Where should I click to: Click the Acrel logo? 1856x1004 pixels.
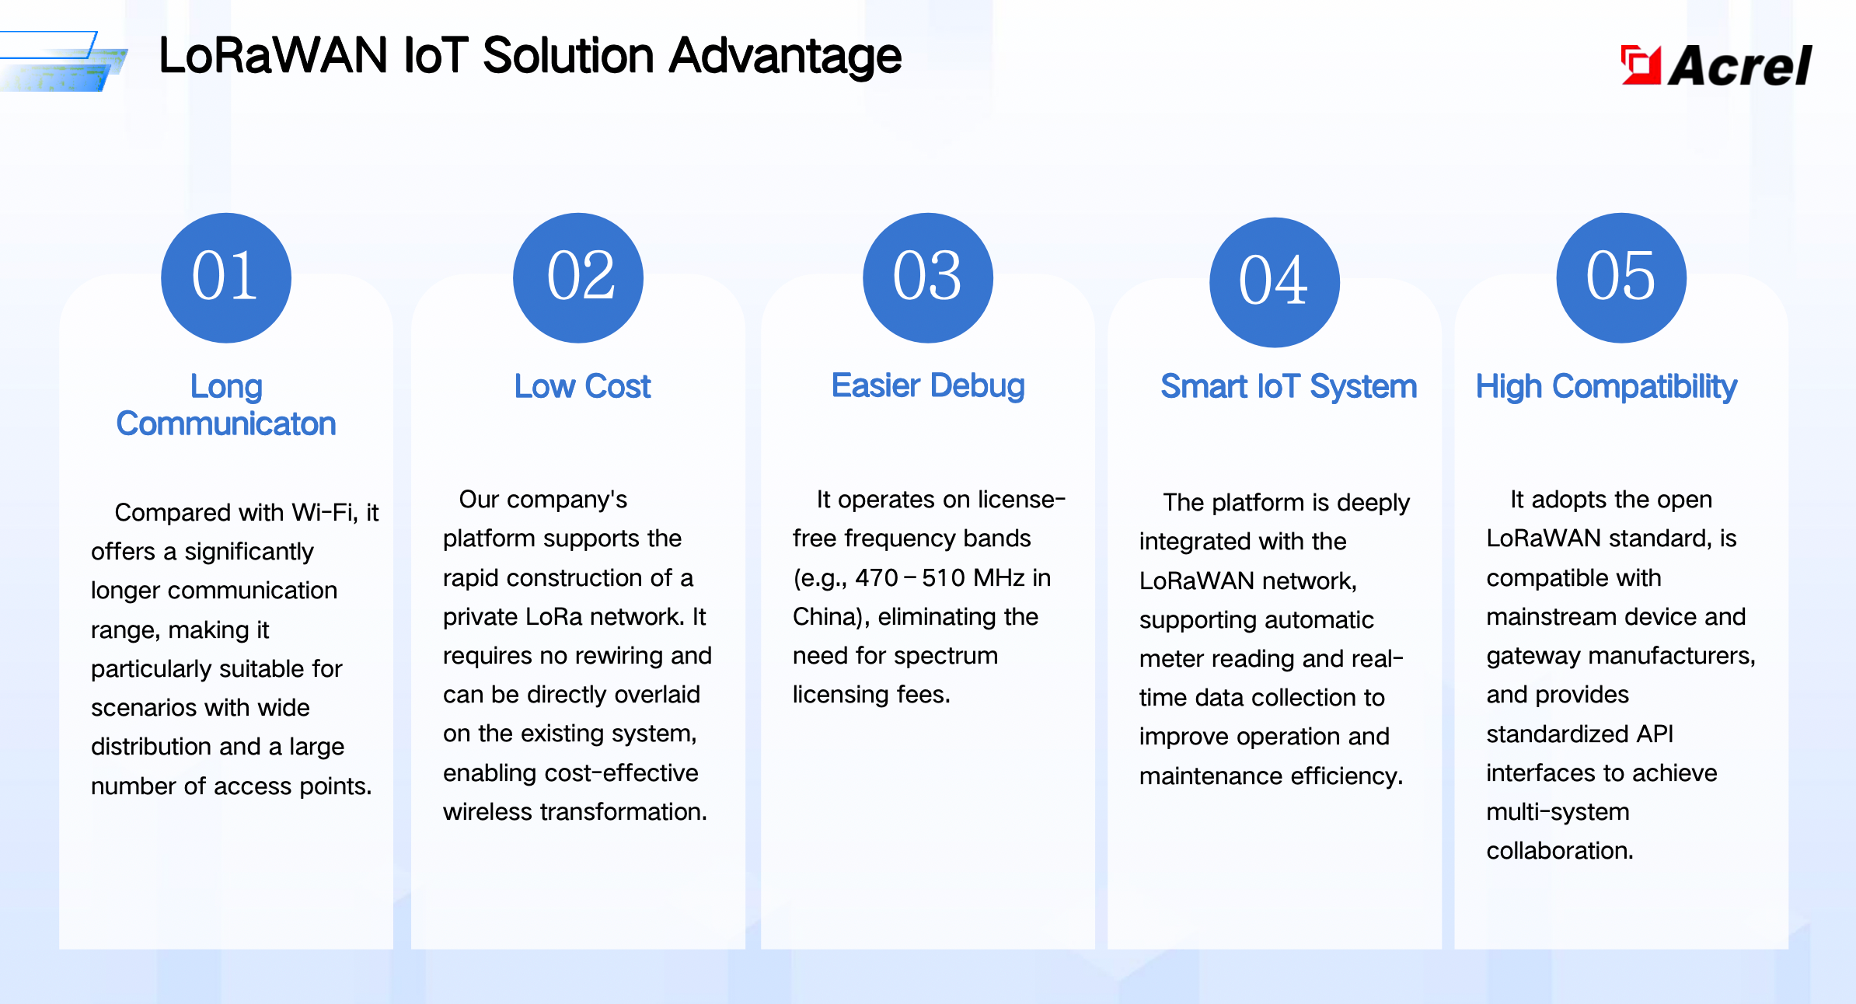(1716, 64)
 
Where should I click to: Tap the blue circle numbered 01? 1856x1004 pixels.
(226, 277)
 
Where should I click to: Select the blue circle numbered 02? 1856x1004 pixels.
(578, 277)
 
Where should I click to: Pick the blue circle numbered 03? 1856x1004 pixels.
(928, 277)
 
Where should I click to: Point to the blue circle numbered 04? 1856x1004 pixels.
(1275, 282)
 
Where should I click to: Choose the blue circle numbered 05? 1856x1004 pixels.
(1621, 277)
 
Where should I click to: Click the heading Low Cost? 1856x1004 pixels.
(582, 386)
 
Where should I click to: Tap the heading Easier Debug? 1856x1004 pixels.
(928, 386)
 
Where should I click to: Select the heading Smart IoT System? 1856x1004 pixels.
(1289, 386)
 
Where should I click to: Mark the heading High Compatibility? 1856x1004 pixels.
(1606, 386)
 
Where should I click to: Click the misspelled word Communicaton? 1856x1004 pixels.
(226, 424)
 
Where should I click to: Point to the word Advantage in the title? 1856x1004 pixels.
(785, 57)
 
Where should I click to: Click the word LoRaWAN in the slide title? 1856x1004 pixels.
(273, 56)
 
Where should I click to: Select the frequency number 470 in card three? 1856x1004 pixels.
(877, 577)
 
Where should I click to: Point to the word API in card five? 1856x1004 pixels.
(1655, 734)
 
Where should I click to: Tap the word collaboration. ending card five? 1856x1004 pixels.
(1560, 850)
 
